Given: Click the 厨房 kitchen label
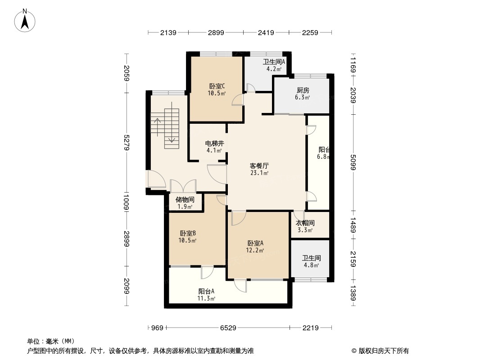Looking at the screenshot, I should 303,90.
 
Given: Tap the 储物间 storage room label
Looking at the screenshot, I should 185,199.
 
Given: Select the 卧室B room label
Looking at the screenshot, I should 188,233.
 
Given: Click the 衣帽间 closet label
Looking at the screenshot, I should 305,223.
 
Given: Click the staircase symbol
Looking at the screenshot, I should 165,128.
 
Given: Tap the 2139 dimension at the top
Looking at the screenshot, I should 168,32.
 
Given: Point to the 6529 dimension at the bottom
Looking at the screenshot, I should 228,328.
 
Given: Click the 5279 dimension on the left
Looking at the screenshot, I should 127,143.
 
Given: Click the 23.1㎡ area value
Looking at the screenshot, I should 260,173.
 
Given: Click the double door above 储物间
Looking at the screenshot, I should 183,186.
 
